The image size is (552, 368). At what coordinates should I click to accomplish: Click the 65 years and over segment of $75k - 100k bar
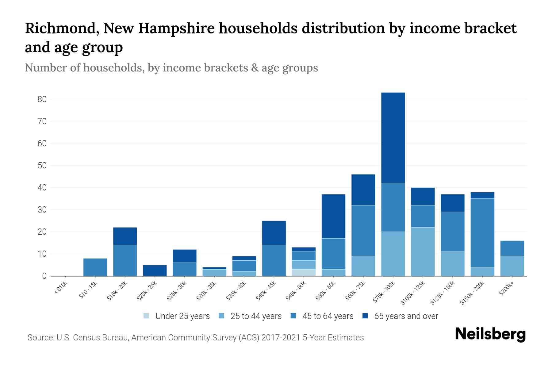tap(393, 138)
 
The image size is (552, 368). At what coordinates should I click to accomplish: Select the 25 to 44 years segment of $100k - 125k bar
tap(423, 251)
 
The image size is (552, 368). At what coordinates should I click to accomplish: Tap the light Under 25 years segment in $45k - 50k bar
tap(304, 273)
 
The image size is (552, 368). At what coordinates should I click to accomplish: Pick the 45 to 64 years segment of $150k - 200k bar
tap(482, 233)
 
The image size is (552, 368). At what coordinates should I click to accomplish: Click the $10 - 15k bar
tap(95, 267)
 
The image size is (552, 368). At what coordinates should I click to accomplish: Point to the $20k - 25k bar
tap(155, 270)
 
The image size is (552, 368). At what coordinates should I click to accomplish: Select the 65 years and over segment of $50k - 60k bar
tap(333, 216)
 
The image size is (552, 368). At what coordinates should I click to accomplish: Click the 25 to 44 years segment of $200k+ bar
tap(512, 266)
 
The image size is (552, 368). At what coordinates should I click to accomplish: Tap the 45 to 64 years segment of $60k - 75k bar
tap(363, 231)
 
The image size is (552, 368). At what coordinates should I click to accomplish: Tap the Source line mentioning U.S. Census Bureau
tap(196, 338)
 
